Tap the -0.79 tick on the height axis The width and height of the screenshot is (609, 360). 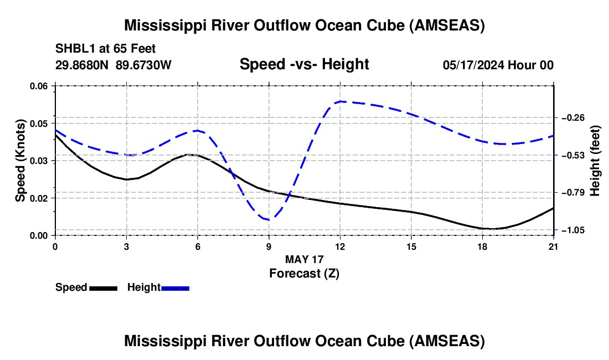(573, 193)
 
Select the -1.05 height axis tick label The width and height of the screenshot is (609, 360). (573, 230)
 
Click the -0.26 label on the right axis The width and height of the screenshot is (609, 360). (573, 117)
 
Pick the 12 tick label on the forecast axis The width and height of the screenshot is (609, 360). (340, 246)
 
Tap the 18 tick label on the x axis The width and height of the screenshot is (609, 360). (482, 246)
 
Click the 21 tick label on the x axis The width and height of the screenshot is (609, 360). (554, 246)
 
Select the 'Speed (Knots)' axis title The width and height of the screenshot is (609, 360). (20, 161)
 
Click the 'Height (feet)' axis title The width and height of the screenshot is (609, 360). (595, 161)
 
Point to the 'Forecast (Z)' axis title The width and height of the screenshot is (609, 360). (304, 274)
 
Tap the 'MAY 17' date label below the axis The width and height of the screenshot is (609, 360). (304, 259)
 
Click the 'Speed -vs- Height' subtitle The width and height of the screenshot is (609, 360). (304, 64)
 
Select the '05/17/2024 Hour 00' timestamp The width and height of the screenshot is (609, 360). (498, 65)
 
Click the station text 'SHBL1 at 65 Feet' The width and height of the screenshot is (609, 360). (105, 49)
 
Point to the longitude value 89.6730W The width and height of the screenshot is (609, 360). (143, 65)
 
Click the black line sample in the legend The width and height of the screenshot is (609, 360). (104, 288)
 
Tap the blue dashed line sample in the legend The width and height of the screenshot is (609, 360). (175, 288)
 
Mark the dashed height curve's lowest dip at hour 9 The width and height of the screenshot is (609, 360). (269, 220)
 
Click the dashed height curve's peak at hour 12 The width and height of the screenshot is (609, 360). (340, 101)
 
